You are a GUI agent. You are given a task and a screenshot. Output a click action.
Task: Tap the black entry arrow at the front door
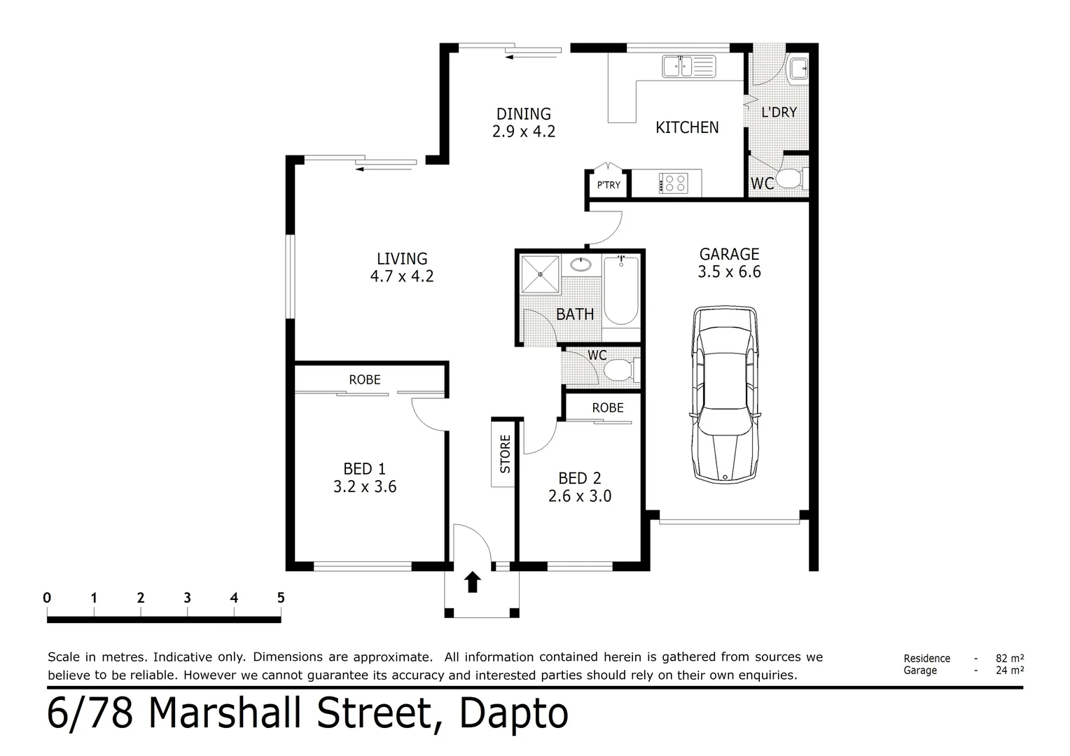pyautogui.click(x=473, y=582)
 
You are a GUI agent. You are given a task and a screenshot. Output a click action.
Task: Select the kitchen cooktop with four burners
pyautogui.click(x=674, y=183)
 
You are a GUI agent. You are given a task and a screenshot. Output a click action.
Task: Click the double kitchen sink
pyautogui.click(x=688, y=66)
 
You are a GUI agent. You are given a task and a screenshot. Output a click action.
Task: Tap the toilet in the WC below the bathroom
pyautogui.click(x=618, y=370)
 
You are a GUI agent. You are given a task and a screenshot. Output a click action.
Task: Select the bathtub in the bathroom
pyautogui.click(x=620, y=290)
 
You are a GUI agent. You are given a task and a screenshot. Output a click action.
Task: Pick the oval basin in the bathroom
pyautogui.click(x=581, y=265)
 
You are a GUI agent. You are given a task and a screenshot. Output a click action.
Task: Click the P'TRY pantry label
pyautogui.click(x=609, y=185)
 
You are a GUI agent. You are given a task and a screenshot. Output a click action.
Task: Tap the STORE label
pyautogui.click(x=505, y=453)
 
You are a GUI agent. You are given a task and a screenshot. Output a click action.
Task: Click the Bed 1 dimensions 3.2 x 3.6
pyautogui.click(x=365, y=486)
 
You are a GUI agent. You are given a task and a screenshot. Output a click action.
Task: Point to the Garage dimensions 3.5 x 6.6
pyautogui.click(x=729, y=272)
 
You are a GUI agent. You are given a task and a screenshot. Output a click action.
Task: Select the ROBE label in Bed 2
pyautogui.click(x=607, y=407)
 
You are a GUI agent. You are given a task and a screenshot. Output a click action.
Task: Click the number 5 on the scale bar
pyautogui.click(x=281, y=598)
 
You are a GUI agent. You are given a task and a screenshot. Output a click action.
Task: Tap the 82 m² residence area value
pyautogui.click(x=1010, y=658)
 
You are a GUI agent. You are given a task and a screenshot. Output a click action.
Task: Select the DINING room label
pyautogui.click(x=523, y=113)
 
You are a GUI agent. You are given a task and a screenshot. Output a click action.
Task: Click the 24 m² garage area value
pyautogui.click(x=1010, y=670)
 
